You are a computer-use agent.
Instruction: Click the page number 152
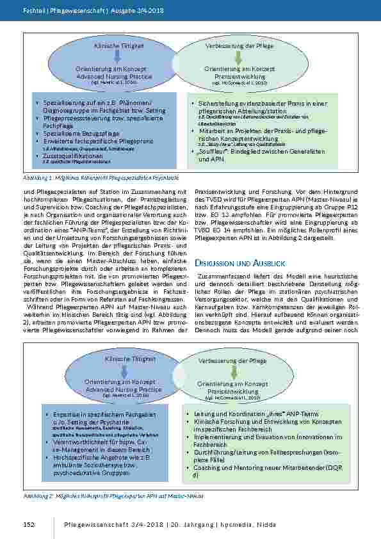pyautogui.click(x=28, y=525)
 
